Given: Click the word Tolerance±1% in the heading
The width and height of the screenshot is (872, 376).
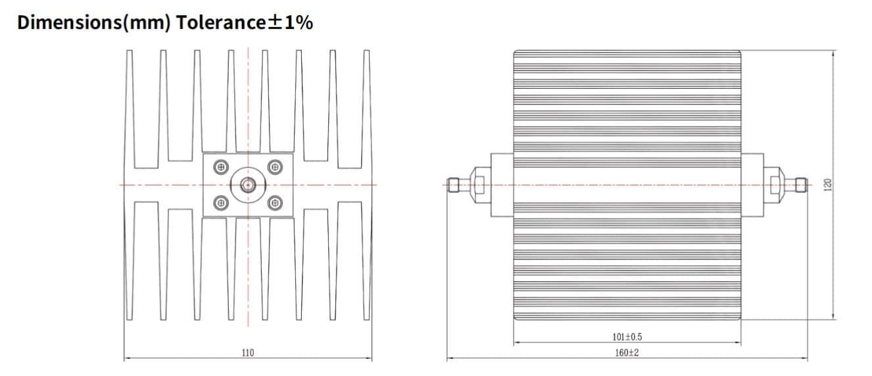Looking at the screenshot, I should (243, 23).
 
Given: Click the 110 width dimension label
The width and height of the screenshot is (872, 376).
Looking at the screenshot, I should (247, 353).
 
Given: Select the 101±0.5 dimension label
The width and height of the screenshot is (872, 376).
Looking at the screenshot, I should (627, 337).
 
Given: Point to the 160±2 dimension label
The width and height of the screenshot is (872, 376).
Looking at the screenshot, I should (626, 353).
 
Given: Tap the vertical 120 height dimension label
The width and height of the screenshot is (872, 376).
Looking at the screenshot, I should (828, 185).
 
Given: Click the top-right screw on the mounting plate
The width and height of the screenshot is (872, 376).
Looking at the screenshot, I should (275, 167).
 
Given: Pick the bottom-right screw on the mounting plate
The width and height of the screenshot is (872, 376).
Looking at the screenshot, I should (275, 203).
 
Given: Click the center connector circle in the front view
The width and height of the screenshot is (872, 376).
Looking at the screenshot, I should (248, 185).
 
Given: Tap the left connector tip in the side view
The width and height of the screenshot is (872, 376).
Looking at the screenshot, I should (453, 185).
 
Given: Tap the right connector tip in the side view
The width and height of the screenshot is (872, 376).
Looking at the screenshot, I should (801, 185).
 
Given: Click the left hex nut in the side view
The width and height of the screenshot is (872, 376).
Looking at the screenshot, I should (478, 185).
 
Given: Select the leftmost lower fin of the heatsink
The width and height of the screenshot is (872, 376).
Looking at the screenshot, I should (130, 263).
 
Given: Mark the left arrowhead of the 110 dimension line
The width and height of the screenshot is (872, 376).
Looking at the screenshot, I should (126, 359).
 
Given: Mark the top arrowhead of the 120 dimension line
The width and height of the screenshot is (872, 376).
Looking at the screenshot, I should (834, 53).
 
